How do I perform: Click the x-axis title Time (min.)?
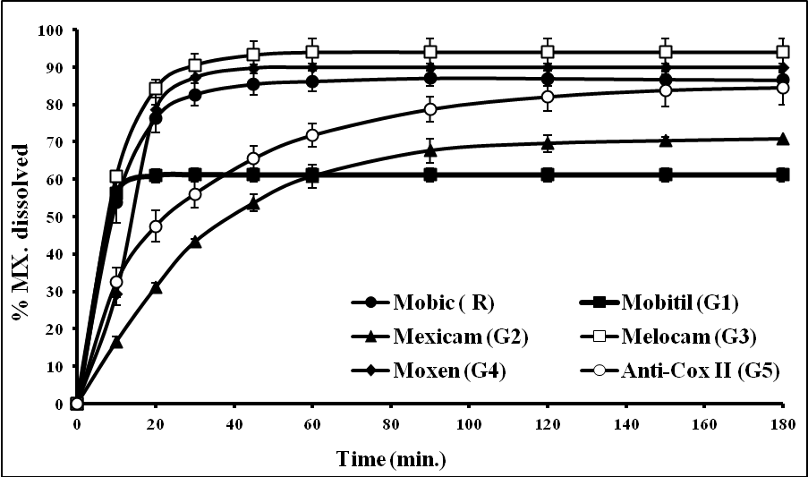(x=391, y=459)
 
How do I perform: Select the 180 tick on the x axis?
(x=783, y=421)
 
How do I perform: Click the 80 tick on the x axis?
(x=390, y=421)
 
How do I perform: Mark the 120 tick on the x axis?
(x=547, y=421)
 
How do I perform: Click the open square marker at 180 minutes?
(x=783, y=52)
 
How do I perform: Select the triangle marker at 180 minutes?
(x=783, y=139)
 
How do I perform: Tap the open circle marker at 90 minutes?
(x=430, y=109)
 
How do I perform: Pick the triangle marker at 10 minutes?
(x=116, y=342)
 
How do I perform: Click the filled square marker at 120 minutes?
(x=548, y=175)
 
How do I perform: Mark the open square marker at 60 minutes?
(x=312, y=52)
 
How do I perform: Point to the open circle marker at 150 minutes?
(x=666, y=90)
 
